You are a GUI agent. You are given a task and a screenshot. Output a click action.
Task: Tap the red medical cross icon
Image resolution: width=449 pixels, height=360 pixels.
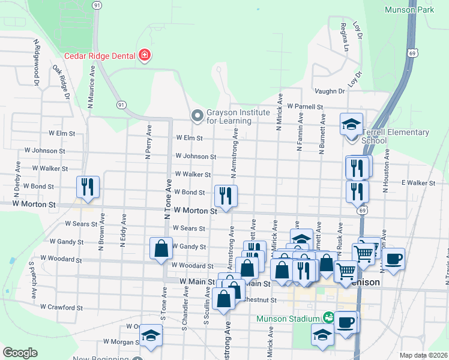click(x=144, y=56)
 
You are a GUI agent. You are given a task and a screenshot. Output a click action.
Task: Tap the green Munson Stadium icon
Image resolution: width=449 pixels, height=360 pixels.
click(x=328, y=317)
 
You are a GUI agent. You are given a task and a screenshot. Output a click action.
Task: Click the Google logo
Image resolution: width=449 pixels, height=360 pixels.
click(x=20, y=353)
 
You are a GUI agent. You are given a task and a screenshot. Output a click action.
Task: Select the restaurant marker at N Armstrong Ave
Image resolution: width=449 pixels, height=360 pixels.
click(x=226, y=196)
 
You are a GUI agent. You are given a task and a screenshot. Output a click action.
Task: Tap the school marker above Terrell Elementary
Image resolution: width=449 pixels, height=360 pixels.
click(x=351, y=125)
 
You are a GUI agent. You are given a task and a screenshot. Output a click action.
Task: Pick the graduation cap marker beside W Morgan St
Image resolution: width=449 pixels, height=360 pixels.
click(x=152, y=338)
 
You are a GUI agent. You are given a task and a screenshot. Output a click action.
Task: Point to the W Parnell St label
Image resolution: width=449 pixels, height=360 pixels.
click(x=305, y=106)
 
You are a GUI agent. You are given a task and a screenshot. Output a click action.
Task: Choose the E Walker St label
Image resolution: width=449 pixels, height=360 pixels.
click(x=418, y=182)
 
